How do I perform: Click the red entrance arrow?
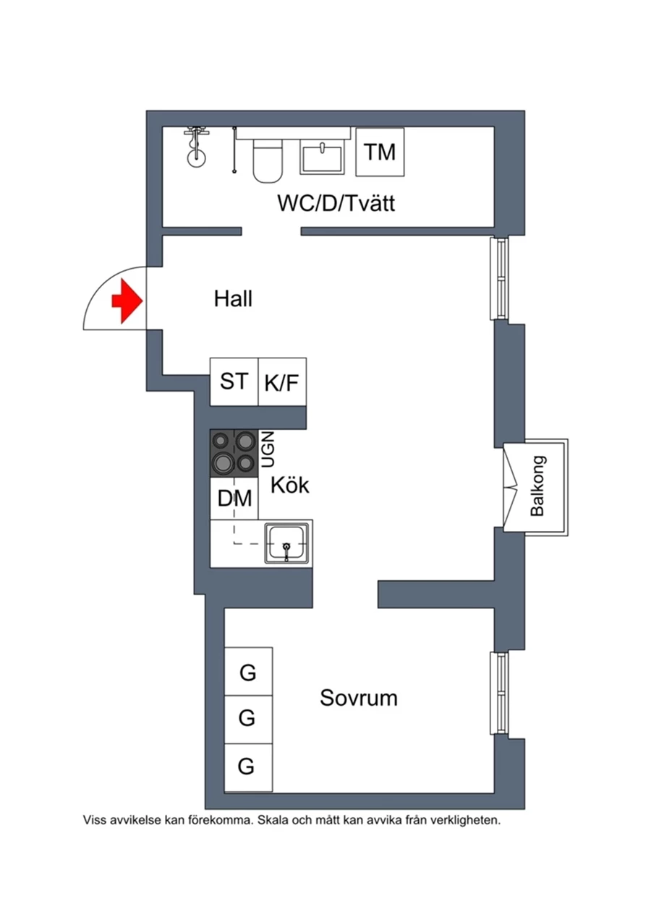pyautogui.click(x=127, y=301)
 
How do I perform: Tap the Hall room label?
pyautogui.click(x=233, y=298)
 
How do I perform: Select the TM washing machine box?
pyautogui.click(x=380, y=152)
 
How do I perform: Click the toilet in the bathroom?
pyautogui.click(x=268, y=161)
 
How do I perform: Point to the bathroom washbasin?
pyautogui.click(x=323, y=156)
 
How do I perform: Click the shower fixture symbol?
pyautogui.click(x=197, y=147)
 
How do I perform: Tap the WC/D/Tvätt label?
pyautogui.click(x=336, y=203)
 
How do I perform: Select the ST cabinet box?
pyautogui.click(x=234, y=381)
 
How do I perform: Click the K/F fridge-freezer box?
pyautogui.click(x=282, y=381)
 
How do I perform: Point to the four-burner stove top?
pyautogui.click(x=234, y=453)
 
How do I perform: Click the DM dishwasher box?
pyautogui.click(x=234, y=499)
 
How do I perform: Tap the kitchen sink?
pyautogui.click(x=286, y=543)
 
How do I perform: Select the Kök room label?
pyautogui.click(x=289, y=486)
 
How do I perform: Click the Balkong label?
pyautogui.click(x=537, y=486)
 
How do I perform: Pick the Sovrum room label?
pyautogui.click(x=359, y=698)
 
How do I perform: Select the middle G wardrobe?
pyautogui.click(x=249, y=719)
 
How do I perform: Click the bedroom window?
pyautogui.click(x=499, y=693)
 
